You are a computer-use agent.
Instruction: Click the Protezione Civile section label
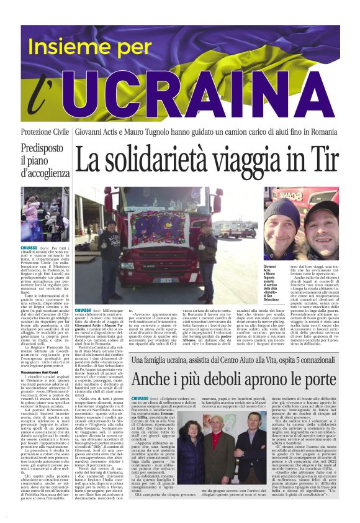[45, 133]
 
